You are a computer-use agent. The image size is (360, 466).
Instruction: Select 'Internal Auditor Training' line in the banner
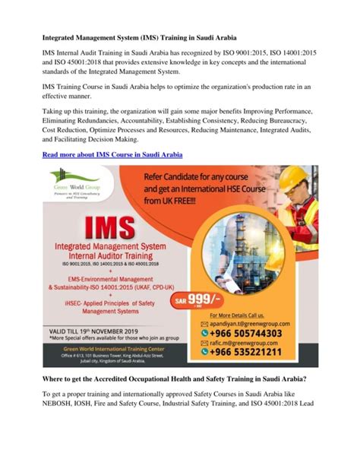(x=102, y=258)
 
